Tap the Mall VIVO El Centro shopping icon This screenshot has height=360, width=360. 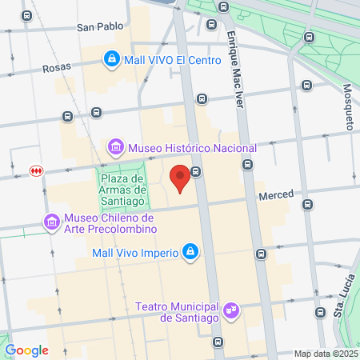pyautogui.click(x=112, y=58)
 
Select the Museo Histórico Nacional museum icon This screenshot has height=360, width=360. pyautogui.click(x=117, y=148)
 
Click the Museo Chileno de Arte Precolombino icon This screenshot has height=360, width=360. pyautogui.click(x=52, y=221)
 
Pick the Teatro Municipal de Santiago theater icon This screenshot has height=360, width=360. pyautogui.click(x=231, y=309)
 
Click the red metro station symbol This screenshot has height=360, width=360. pyautogui.click(x=35, y=170)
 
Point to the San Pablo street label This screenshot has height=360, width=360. pyautogui.click(x=100, y=26)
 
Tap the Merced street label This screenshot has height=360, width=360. pyautogui.click(x=276, y=194)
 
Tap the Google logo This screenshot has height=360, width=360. pyautogui.click(x=26, y=350)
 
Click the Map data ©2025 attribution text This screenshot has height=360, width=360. pyautogui.click(x=325, y=354)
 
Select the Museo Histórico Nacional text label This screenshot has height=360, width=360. pyautogui.click(x=193, y=148)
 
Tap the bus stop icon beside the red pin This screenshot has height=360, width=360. pyautogui.click(x=195, y=171)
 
